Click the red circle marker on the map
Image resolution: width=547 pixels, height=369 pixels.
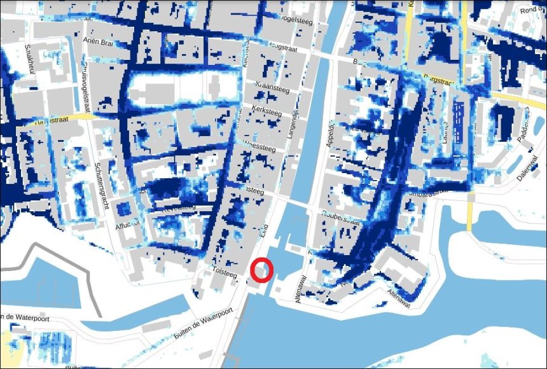tap(262, 270)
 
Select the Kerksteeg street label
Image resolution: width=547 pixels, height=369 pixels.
tap(268, 111)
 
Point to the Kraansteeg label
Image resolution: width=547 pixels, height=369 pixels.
tap(272, 87)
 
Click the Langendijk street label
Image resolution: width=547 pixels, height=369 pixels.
tap(294, 125)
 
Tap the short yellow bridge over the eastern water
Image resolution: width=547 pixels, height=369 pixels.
tap(470, 214)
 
